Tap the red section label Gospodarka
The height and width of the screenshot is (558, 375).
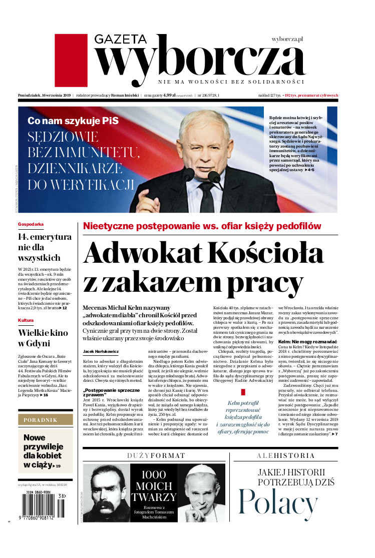31,225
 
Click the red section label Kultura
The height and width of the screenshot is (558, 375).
26,320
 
